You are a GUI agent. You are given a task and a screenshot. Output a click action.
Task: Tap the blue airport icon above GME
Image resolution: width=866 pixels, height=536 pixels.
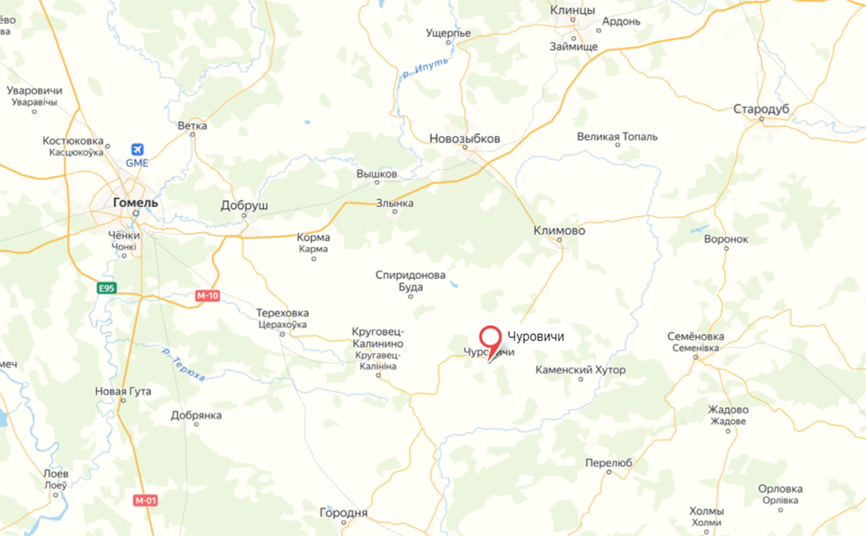tap(137, 151)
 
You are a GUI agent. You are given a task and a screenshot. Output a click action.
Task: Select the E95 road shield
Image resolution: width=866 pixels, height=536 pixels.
tap(107, 289)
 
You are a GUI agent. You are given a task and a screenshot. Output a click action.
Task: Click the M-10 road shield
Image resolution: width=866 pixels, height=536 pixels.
tap(207, 296)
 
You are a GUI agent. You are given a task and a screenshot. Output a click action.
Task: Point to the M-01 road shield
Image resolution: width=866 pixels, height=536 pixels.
tap(145, 500)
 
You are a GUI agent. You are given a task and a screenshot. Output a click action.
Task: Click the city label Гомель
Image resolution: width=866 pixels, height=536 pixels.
tap(135, 202)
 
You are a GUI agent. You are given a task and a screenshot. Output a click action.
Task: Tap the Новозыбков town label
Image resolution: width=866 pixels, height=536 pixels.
tap(465, 139)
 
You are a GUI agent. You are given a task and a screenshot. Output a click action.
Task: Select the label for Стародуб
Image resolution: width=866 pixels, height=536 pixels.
tap(761, 109)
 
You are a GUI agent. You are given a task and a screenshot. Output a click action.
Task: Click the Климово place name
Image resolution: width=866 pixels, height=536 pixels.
tap(560, 231)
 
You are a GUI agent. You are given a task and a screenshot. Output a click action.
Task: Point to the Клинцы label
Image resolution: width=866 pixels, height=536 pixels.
tap(572, 10)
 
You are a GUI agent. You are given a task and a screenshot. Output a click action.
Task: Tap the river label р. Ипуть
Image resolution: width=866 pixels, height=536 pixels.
tap(424, 73)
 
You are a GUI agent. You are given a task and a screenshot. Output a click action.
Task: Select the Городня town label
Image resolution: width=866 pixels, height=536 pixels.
tap(344, 513)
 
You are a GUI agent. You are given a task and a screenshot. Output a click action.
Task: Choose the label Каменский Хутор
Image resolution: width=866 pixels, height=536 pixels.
tap(581, 370)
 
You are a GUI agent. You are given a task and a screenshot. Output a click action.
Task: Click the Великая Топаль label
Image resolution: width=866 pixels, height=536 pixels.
tap(617, 137)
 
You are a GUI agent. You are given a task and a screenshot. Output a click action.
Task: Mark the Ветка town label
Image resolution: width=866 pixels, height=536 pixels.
tap(192, 126)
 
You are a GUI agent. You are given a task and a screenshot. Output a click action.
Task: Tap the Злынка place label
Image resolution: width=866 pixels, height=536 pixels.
tap(395, 203)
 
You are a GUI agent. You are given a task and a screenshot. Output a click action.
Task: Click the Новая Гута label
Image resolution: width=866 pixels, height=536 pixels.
tap(123, 391)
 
